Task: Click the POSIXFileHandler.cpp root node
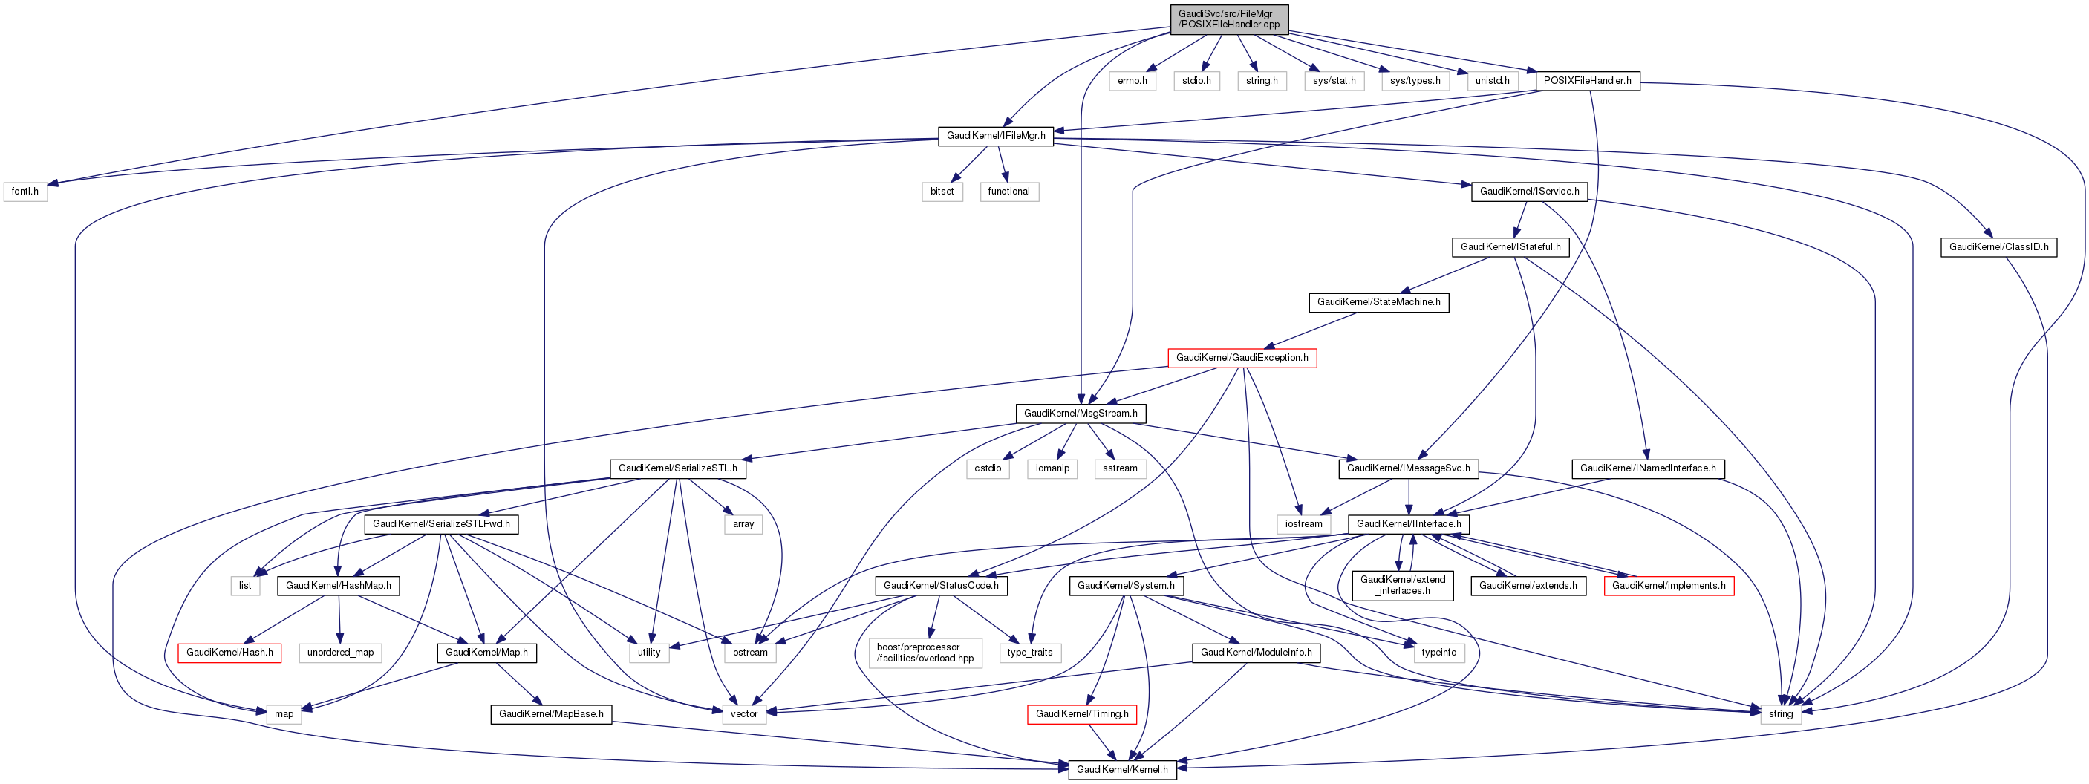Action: click(x=1228, y=19)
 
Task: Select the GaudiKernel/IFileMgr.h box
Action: click(x=996, y=135)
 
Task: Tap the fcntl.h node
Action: click(x=25, y=192)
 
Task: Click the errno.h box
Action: click(x=1132, y=81)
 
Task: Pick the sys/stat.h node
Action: click(x=1334, y=81)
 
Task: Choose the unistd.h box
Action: click(x=1492, y=81)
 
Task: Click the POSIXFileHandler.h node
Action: click(x=1587, y=81)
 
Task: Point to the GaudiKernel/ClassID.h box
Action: click(x=1998, y=247)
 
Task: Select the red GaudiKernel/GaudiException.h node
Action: click(x=1242, y=358)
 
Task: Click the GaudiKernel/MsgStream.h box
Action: click(x=1081, y=414)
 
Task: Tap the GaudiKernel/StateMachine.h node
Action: click(x=1378, y=302)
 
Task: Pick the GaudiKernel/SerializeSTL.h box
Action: click(x=677, y=468)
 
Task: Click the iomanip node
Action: click(x=1052, y=468)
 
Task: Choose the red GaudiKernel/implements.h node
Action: click(x=1668, y=585)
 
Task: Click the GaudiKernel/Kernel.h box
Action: click(x=1121, y=769)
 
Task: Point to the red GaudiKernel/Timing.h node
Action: click(x=1082, y=714)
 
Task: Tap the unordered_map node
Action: click(x=341, y=653)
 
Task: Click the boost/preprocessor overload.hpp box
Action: click(x=925, y=653)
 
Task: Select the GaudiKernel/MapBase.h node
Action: click(x=550, y=714)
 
